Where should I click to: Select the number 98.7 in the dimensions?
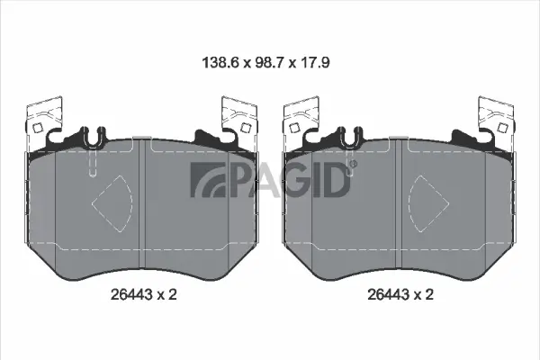tap(269, 64)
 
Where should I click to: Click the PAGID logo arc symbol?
tap(202, 180)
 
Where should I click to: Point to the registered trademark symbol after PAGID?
tap(352, 164)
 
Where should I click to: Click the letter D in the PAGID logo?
tap(332, 179)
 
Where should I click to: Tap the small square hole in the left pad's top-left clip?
tap(37, 127)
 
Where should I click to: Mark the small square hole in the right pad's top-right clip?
tap(502, 127)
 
